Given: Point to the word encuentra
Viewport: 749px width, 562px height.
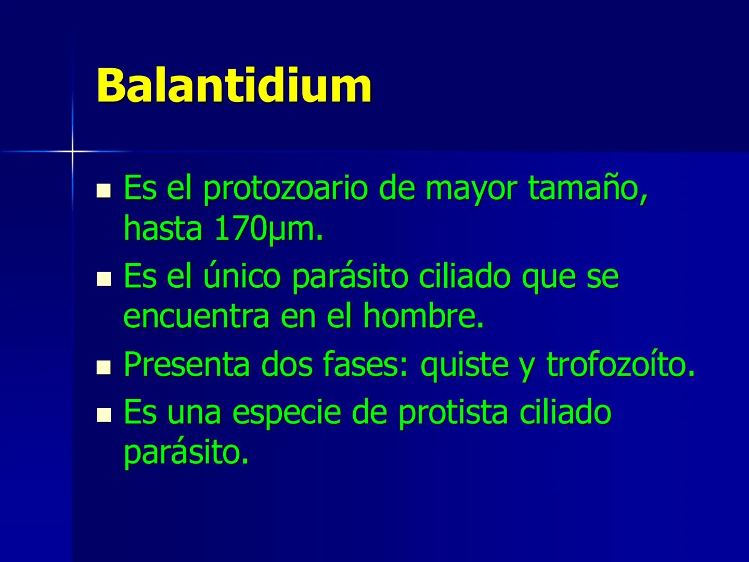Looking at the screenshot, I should [196, 316].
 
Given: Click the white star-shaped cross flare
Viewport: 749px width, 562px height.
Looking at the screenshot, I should [72, 151].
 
